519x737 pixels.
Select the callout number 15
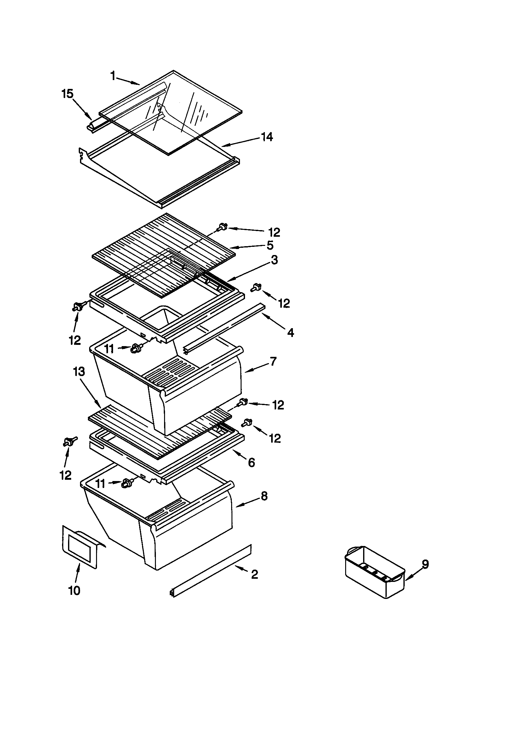point(67,94)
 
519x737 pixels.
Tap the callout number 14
point(266,137)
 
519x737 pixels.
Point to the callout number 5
point(270,245)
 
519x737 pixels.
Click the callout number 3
point(274,260)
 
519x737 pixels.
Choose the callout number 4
point(290,333)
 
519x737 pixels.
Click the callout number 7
point(273,362)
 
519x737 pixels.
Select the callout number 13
point(79,372)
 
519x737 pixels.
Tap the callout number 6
point(252,462)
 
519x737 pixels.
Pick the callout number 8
point(264,496)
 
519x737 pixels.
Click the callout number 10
point(74,591)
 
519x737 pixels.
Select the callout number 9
point(425,564)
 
